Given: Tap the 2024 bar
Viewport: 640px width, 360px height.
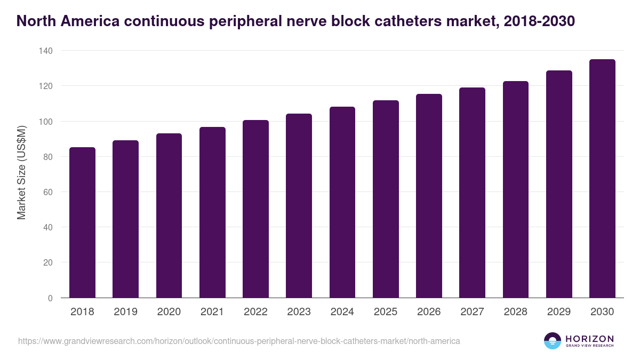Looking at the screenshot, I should pos(342,202).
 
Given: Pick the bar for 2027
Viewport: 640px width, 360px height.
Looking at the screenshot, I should pos(472,193).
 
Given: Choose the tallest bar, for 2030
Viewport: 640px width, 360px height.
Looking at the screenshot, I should pos(602,179).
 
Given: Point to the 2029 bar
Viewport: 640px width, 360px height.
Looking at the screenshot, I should pos(559,184).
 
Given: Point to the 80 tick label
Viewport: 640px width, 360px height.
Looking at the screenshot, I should pos(49,157).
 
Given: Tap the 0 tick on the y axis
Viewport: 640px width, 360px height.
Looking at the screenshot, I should pos(50,298).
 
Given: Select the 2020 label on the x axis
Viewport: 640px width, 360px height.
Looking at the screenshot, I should pos(169,312).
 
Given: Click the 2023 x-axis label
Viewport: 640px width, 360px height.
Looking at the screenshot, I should pos(299,312).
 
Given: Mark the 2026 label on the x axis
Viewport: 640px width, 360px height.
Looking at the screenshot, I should pos(429,312).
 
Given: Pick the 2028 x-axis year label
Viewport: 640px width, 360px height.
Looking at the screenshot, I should pos(515,312).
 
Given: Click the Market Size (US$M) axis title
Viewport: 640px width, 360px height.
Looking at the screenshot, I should pos(22,173).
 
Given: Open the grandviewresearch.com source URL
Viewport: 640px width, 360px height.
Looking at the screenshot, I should pos(239,341).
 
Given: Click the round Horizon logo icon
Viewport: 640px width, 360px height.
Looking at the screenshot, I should pos(553,341).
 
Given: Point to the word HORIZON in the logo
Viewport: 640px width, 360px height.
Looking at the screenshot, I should pos(589,338).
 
